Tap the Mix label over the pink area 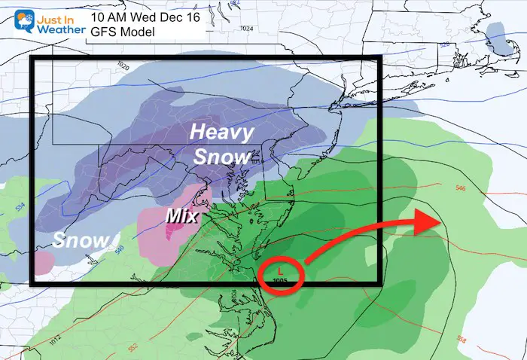pos(181,217)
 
